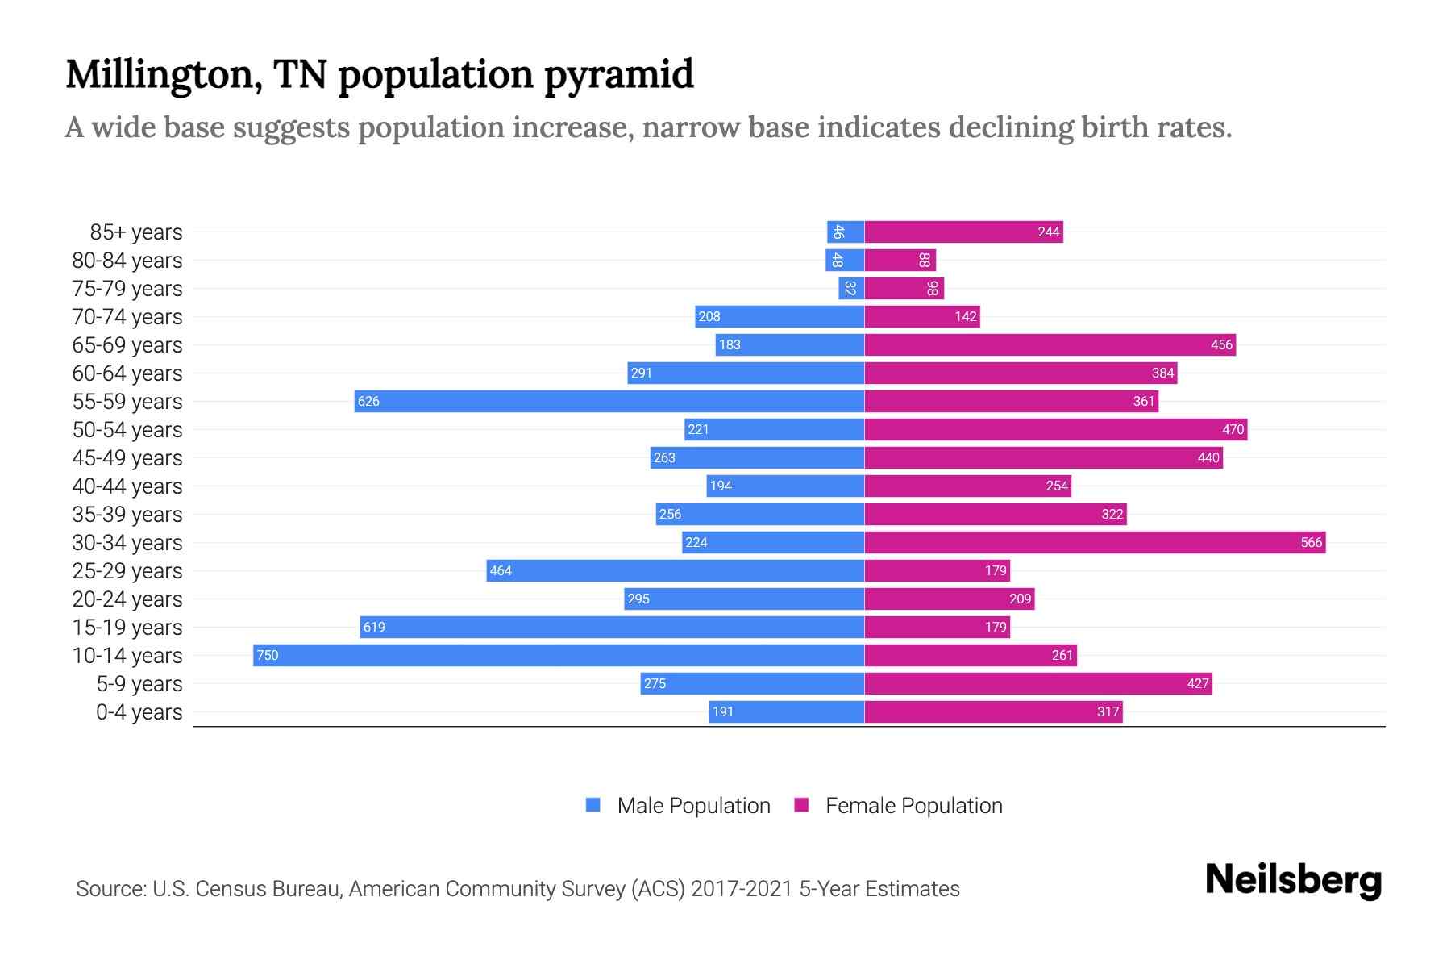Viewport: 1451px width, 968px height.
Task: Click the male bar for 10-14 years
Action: [558, 655]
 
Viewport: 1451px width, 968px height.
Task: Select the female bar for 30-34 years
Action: [1095, 542]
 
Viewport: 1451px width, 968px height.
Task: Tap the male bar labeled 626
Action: [609, 401]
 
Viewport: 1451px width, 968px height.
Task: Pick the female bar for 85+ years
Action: [963, 232]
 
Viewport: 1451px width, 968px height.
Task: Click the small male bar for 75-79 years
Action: [851, 288]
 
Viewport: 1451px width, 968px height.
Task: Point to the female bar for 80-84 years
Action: [900, 260]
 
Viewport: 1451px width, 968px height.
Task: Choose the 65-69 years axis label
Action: [127, 345]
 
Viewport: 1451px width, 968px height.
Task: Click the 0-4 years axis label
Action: [139, 712]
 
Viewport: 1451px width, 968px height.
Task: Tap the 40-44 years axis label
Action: [127, 486]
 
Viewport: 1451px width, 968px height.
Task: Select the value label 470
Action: [1233, 429]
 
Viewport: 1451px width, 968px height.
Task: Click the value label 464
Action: [501, 570]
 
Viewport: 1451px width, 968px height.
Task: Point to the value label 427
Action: [1198, 683]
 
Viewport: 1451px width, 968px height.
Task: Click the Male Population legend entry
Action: [692, 806]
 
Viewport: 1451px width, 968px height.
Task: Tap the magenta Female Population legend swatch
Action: [801, 805]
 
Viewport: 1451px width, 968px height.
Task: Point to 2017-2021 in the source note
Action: [742, 889]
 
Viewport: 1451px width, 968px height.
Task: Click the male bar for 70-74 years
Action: [780, 316]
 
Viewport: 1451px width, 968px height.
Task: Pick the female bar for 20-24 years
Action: [949, 599]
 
